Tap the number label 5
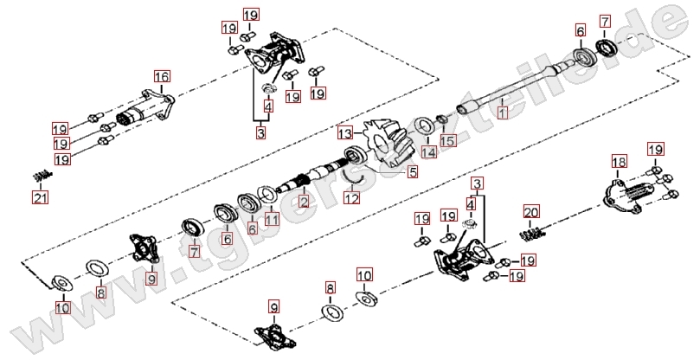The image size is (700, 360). pyautogui.click(x=413, y=171)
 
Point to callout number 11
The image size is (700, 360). pyautogui.click(x=272, y=219)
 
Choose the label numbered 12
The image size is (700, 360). pyautogui.click(x=350, y=198)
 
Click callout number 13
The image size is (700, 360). pyautogui.click(x=345, y=134)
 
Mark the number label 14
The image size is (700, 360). pyautogui.click(x=427, y=151)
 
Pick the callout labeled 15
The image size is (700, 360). pyautogui.click(x=447, y=139)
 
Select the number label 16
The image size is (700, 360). pyautogui.click(x=161, y=76)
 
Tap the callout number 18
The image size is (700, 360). pyautogui.click(x=619, y=162)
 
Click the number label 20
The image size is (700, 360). pyautogui.click(x=530, y=211)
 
